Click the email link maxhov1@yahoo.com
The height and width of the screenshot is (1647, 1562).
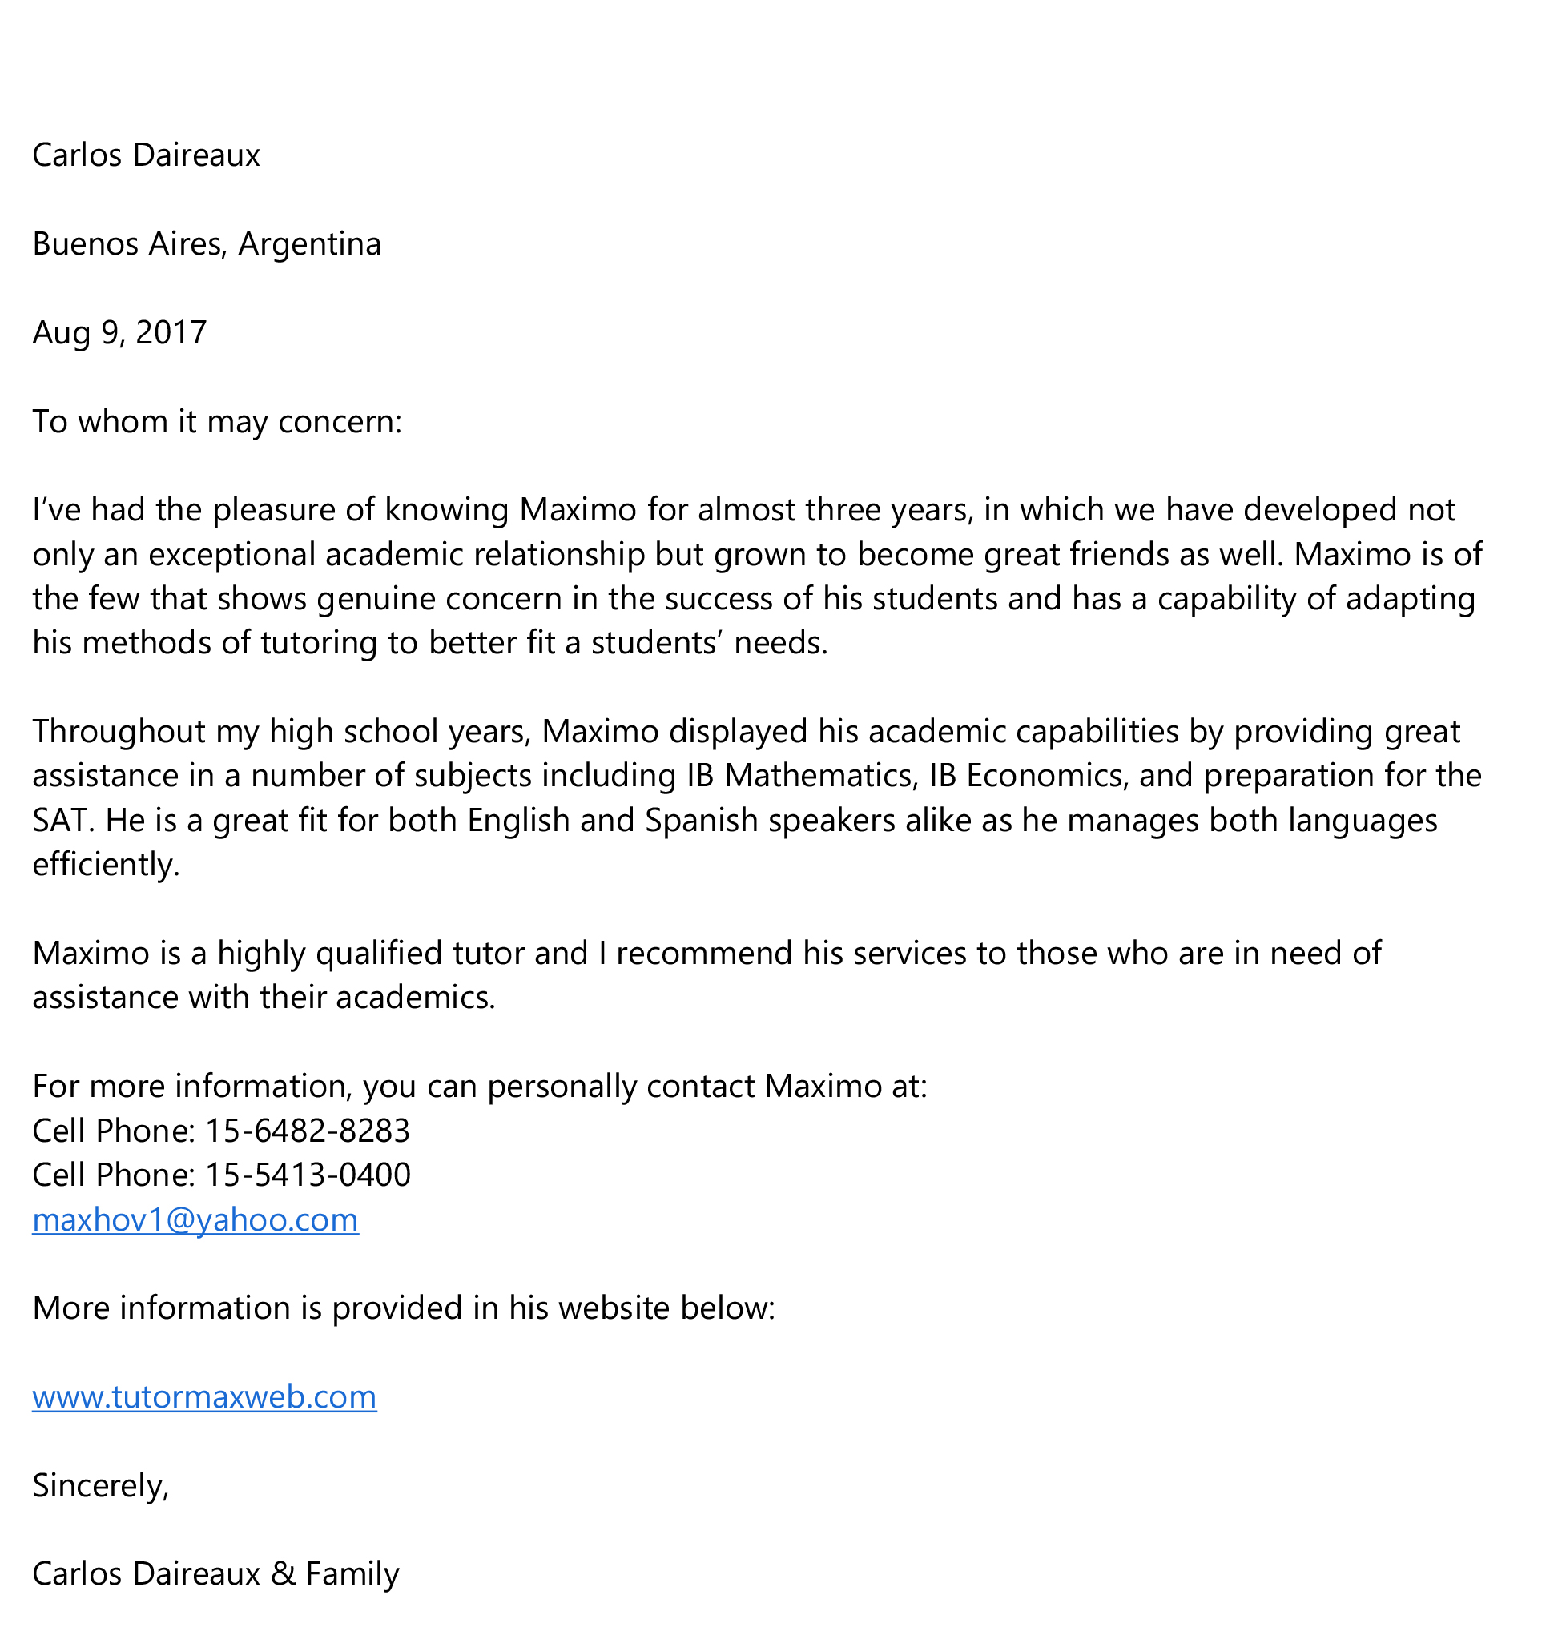(x=195, y=1219)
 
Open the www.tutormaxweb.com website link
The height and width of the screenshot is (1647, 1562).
(x=204, y=1396)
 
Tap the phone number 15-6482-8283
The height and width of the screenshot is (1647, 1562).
(x=308, y=1131)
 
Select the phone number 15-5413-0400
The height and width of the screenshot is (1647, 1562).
(x=308, y=1175)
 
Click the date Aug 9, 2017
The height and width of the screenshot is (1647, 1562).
(x=119, y=333)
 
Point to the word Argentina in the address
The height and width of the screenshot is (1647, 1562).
(x=309, y=244)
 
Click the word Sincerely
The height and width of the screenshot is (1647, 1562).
(x=100, y=1485)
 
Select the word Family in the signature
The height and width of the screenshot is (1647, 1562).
(x=352, y=1574)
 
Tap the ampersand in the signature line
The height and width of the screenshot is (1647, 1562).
(x=283, y=1574)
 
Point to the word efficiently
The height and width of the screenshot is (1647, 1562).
(x=105, y=866)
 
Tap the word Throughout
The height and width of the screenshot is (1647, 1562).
(x=119, y=732)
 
